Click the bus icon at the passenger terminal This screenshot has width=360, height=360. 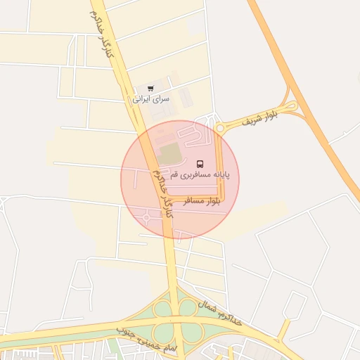[x=200, y=164]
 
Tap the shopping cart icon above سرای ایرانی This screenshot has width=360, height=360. [x=150, y=89]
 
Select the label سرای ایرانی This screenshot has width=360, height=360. [x=151, y=99]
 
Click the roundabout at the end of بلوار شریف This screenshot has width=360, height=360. [x=221, y=127]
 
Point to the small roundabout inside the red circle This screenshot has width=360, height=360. [x=146, y=217]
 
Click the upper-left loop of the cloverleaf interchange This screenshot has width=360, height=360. [x=163, y=309]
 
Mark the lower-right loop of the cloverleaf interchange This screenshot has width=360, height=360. [x=191, y=332]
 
